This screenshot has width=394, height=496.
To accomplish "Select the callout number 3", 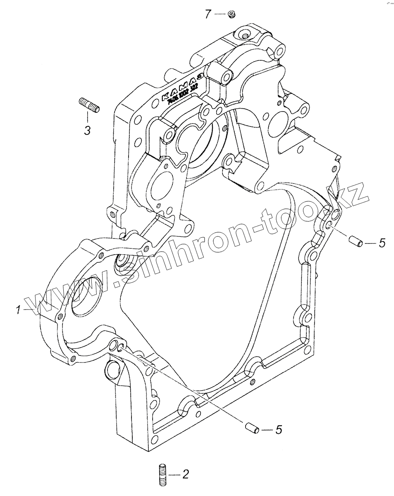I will (x=87, y=131).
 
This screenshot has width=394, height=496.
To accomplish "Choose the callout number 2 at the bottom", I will (x=185, y=475).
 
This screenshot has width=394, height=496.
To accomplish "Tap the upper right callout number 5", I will (x=382, y=243).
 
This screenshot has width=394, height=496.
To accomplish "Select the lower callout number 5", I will (x=278, y=430).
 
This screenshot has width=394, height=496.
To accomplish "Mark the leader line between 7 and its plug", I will (x=220, y=14).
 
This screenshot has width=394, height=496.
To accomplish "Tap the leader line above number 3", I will (x=87, y=117).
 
